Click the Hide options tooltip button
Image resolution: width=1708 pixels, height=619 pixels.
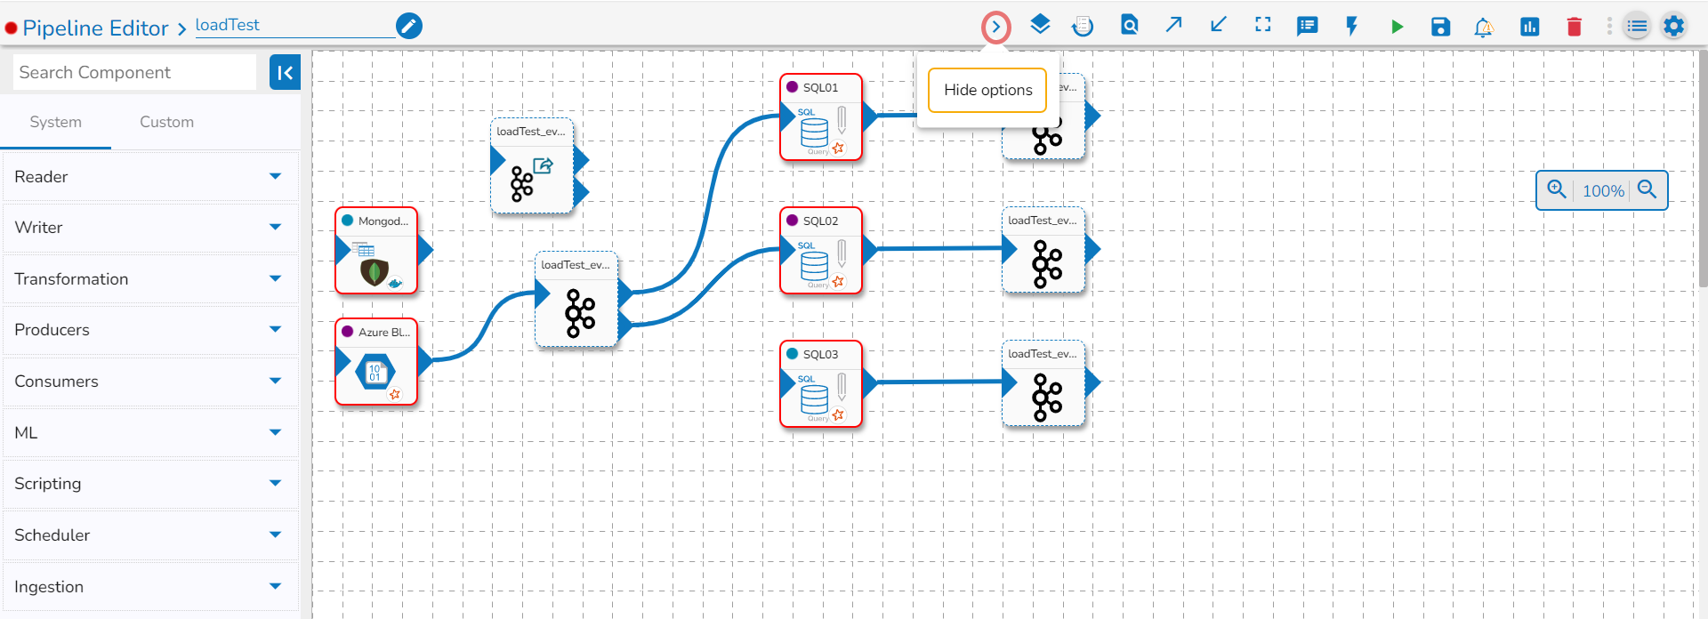tap(987, 91)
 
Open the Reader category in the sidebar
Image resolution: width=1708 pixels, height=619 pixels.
tap(149, 177)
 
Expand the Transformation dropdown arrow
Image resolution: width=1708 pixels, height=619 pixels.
tap(275, 279)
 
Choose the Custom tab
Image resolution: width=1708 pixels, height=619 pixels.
tap(166, 122)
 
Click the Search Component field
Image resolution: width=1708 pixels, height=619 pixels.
tap(134, 72)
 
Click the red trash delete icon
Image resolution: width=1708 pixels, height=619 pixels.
tap(1574, 27)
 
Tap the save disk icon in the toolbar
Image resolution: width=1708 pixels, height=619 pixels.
tap(1440, 27)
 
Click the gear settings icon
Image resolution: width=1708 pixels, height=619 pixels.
tap(1673, 26)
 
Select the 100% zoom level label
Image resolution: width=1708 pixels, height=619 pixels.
tap(1603, 190)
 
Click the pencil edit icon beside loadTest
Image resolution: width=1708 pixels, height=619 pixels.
tap(409, 26)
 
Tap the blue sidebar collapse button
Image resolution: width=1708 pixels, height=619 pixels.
tap(285, 73)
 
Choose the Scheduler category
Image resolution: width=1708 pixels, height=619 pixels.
tap(149, 535)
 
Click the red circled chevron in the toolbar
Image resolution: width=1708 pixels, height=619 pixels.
tap(995, 27)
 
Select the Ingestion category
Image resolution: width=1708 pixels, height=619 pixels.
tap(149, 587)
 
